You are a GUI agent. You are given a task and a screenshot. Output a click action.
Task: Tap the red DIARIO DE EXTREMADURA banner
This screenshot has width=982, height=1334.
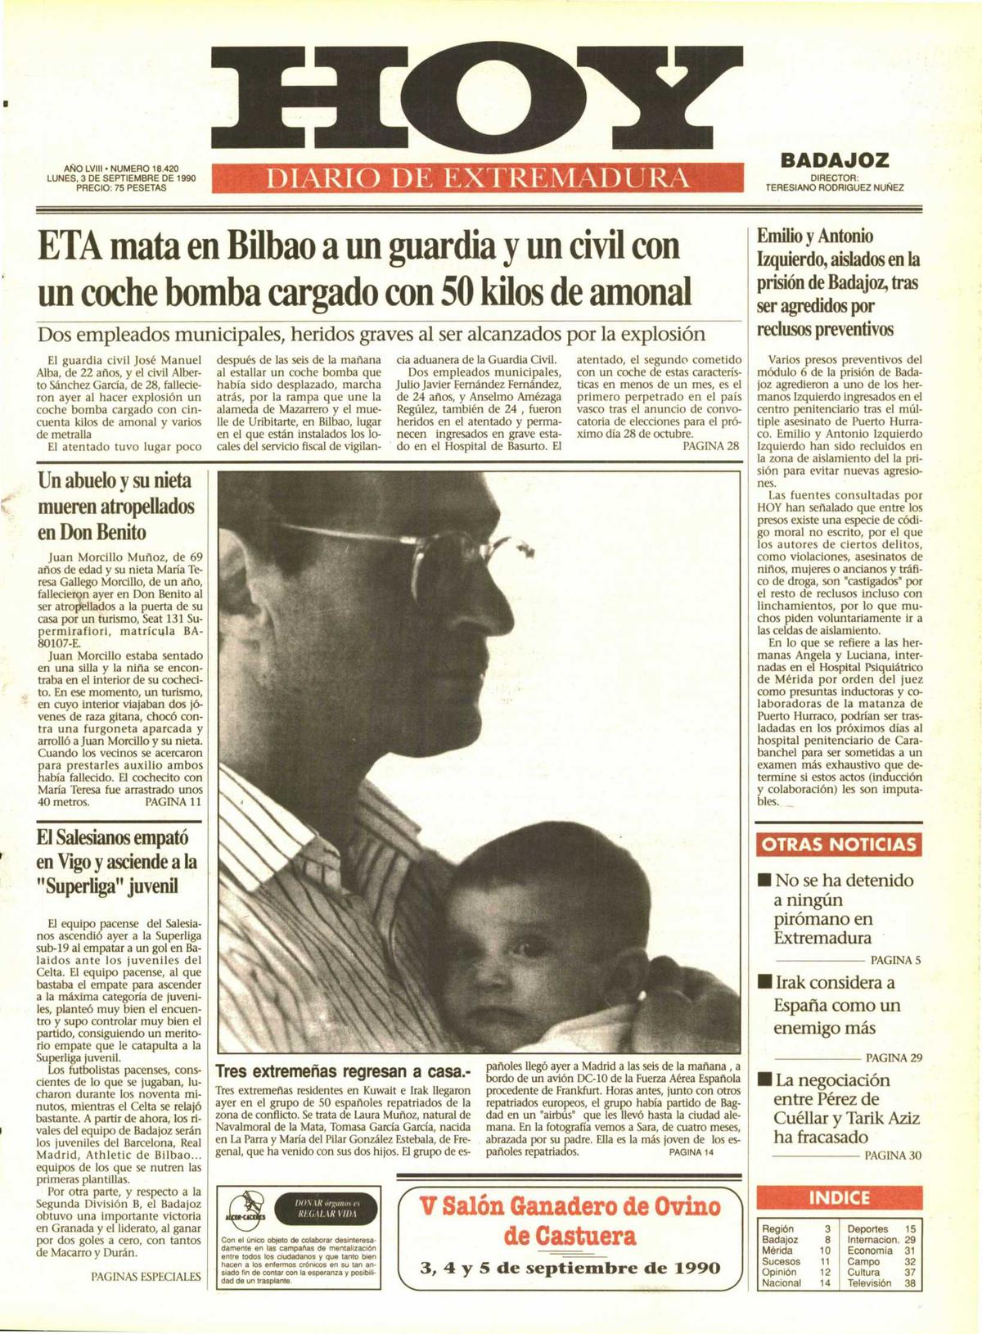pyautogui.click(x=478, y=178)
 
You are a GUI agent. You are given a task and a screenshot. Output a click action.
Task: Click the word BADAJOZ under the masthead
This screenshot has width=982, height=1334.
pyautogui.click(x=834, y=160)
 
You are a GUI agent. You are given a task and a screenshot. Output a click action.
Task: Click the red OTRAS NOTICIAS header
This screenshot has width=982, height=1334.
pyautogui.click(x=839, y=845)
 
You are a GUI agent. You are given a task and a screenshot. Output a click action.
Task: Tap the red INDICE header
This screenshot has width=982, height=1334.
pyautogui.click(x=839, y=1198)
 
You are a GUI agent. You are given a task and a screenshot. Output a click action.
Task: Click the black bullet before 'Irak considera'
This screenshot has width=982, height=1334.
pyautogui.click(x=765, y=982)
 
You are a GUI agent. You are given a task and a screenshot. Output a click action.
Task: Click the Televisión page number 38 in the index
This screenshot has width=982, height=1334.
pyautogui.click(x=910, y=1283)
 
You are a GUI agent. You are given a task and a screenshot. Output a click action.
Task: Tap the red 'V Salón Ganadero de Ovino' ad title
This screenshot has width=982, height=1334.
pyautogui.click(x=570, y=1207)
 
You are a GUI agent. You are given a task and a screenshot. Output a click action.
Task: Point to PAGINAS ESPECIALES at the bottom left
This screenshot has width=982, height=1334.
pyautogui.click(x=146, y=1276)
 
